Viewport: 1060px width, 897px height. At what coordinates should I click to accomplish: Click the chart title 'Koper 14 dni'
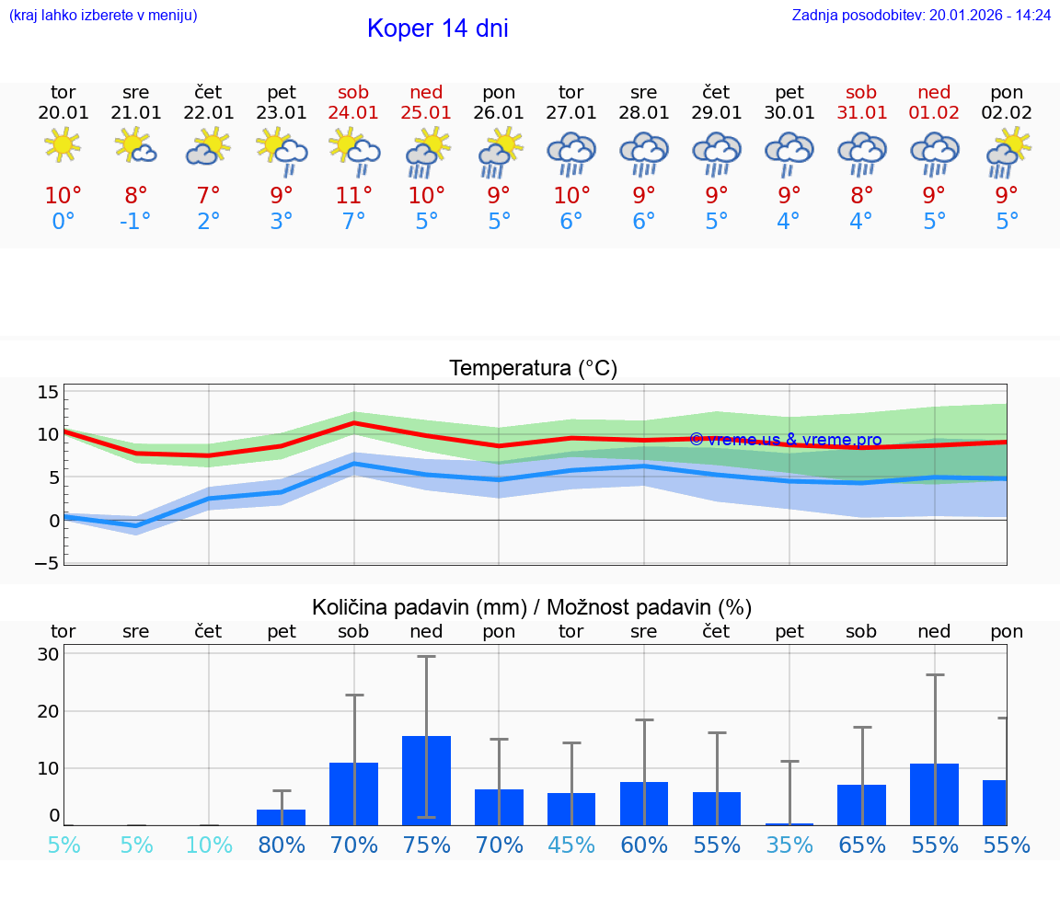(437, 29)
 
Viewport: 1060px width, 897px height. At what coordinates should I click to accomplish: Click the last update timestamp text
(921, 15)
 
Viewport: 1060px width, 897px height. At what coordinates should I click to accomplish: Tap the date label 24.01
(353, 113)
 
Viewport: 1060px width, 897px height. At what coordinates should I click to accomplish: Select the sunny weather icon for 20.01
(63, 145)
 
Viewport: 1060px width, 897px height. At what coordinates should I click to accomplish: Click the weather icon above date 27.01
(571, 153)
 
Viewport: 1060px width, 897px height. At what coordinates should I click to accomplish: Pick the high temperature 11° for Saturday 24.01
(353, 196)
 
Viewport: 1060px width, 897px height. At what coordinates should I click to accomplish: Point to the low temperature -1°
(135, 222)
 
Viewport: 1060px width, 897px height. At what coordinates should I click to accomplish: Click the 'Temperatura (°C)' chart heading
(533, 369)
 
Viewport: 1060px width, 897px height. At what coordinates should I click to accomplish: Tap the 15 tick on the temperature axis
(48, 393)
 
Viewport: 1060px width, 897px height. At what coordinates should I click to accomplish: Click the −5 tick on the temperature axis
(48, 562)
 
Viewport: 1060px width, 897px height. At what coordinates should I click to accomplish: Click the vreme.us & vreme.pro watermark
(785, 440)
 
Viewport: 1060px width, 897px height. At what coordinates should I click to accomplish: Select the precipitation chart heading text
(532, 607)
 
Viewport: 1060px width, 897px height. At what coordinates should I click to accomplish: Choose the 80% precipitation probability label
(282, 845)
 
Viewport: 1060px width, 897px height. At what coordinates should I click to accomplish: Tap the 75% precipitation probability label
(426, 845)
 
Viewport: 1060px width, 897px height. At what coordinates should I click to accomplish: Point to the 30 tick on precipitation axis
(48, 655)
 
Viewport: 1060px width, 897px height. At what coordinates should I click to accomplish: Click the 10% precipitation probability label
(209, 845)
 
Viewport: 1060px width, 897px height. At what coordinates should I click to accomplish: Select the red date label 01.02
(934, 113)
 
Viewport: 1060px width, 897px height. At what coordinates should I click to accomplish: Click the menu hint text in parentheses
(103, 15)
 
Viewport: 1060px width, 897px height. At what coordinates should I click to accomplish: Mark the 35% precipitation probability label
(789, 845)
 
